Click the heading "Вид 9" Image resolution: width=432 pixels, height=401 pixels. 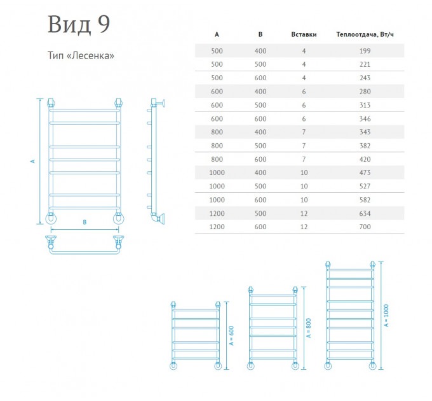point(79,24)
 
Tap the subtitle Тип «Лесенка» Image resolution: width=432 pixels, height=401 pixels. point(81,55)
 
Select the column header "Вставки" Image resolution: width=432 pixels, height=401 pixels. point(304,34)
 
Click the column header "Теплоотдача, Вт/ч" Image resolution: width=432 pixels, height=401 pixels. point(365,34)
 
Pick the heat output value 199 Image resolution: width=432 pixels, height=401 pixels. point(365,51)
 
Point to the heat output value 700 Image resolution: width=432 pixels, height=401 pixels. point(365,227)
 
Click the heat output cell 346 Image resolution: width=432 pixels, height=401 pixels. point(365,118)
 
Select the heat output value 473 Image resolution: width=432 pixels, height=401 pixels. point(365,172)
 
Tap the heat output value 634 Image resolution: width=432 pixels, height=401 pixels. point(365,213)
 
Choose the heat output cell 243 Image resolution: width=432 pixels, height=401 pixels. point(365,78)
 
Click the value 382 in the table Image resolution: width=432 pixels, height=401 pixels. point(365,146)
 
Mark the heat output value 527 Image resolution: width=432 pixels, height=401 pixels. point(365,186)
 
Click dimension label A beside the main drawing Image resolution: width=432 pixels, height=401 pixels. point(33,161)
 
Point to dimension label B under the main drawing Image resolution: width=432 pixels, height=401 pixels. point(84,222)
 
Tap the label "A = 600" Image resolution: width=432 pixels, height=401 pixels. point(231,335)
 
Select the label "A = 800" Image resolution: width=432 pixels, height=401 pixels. point(309,328)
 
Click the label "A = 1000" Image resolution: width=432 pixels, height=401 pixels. point(386,316)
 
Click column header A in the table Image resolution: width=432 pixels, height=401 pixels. point(217,34)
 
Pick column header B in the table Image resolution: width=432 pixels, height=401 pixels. point(260,34)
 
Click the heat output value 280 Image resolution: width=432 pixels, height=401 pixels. point(365,92)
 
